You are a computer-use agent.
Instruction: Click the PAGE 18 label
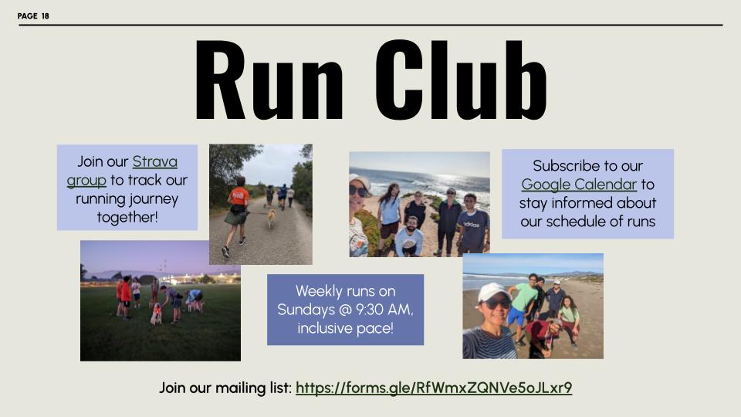[33, 15]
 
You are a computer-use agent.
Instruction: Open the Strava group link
[154, 162]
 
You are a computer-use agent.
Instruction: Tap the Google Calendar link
[579, 185]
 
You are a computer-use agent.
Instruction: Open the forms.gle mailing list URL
[434, 388]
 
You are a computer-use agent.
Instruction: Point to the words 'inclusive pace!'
[345, 328]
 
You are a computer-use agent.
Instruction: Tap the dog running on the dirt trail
[271, 218]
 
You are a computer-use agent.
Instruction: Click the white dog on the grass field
[156, 313]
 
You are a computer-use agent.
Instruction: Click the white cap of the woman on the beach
[492, 291]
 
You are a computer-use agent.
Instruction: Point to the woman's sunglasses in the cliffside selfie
[358, 190]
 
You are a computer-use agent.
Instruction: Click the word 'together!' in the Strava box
[127, 217]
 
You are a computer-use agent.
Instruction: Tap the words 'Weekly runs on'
[345, 291]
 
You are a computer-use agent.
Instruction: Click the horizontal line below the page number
[370, 25]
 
